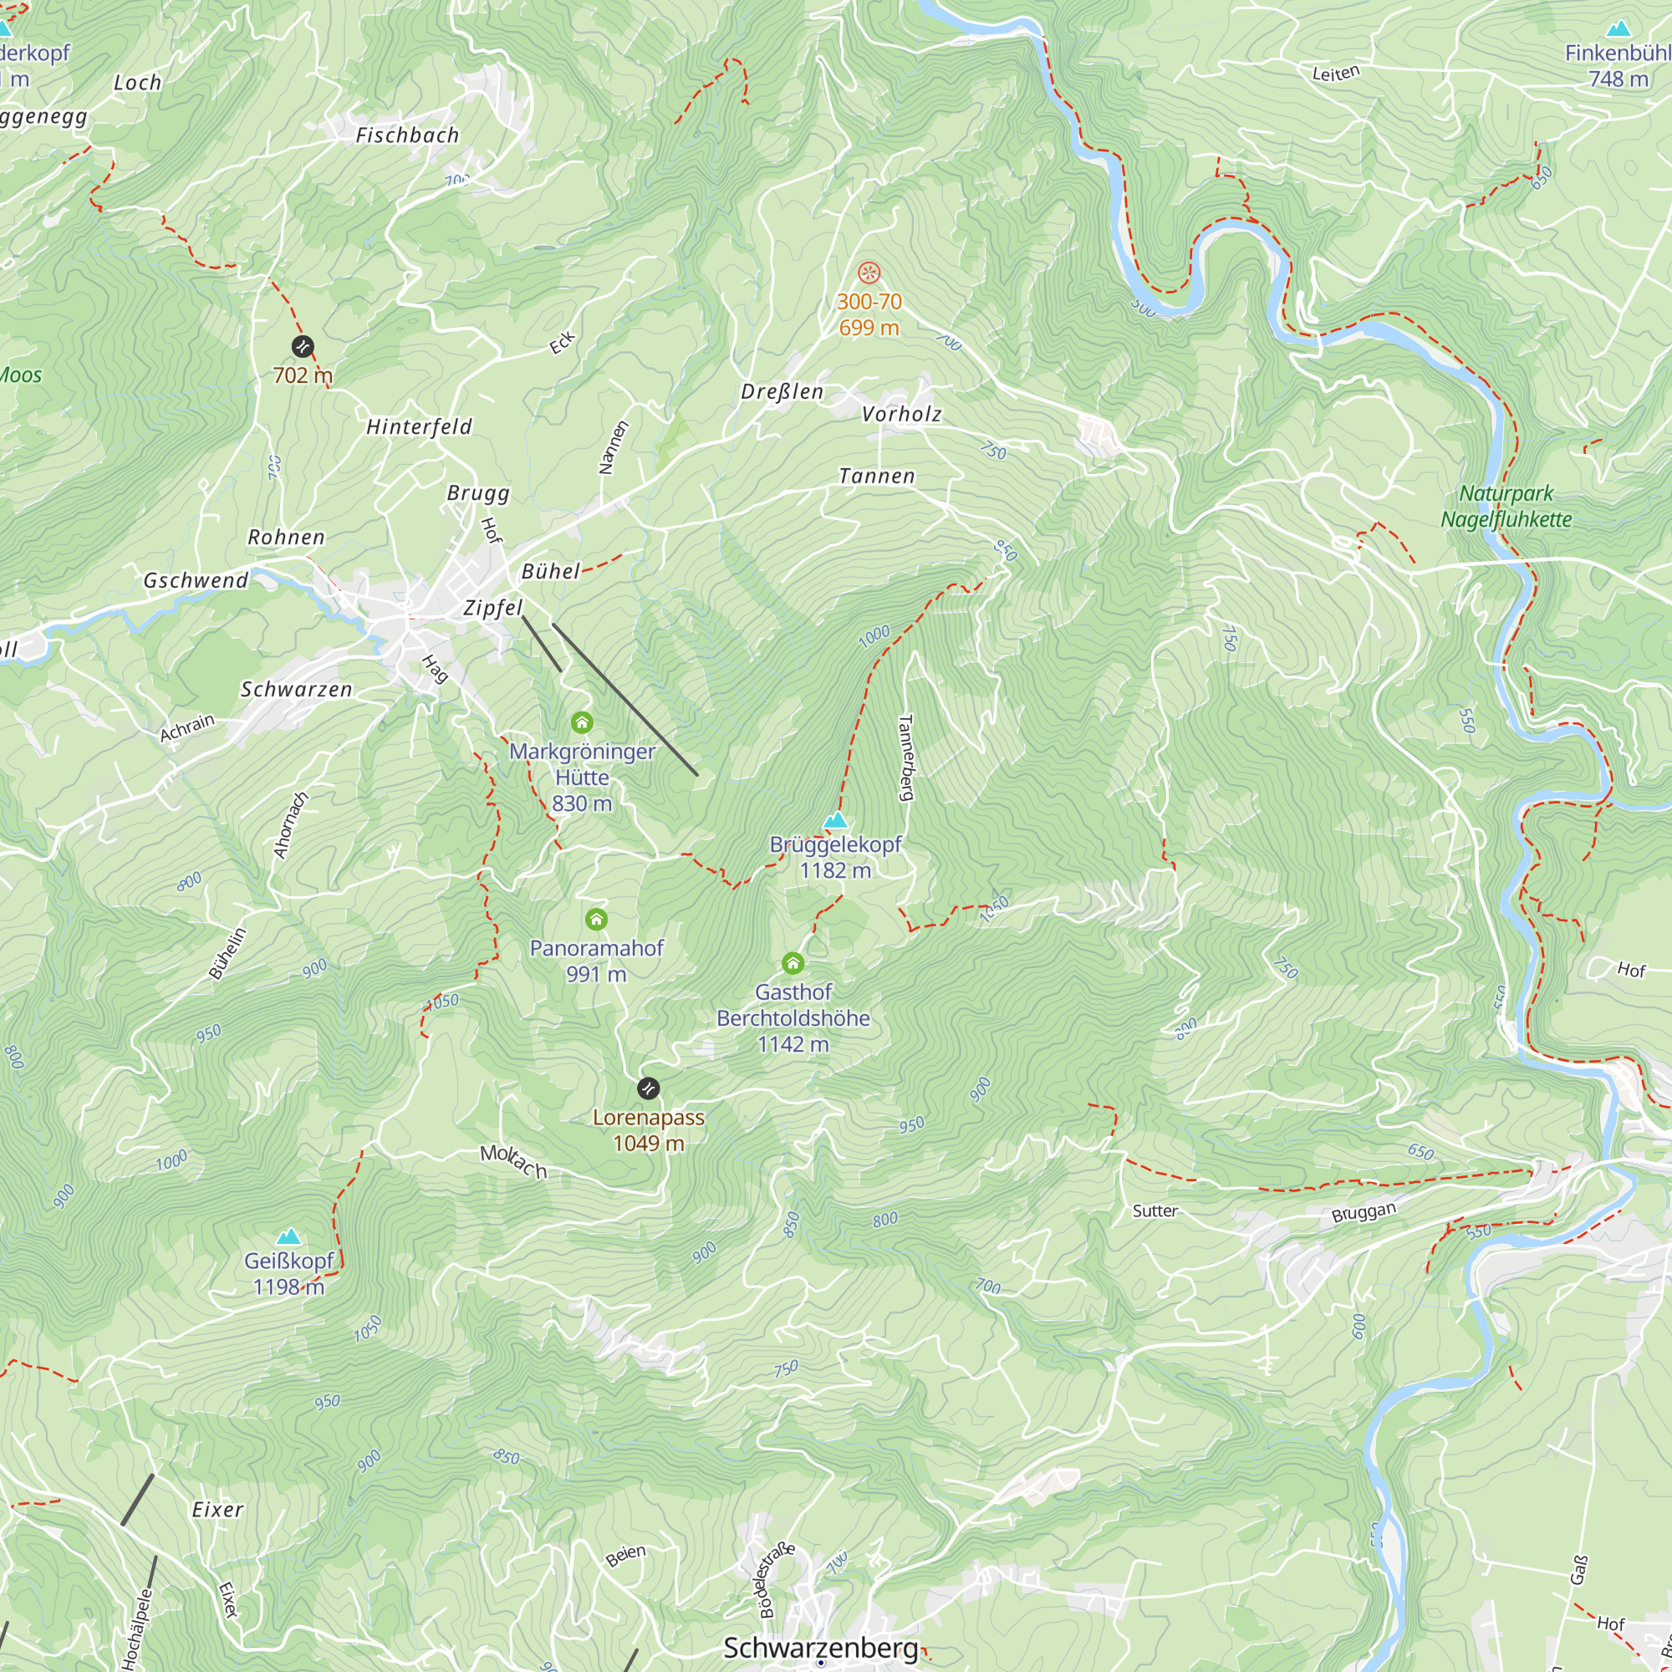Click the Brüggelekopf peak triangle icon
point(834,820)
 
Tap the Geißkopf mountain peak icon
point(288,1236)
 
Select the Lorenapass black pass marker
point(648,1088)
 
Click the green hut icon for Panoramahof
point(596,918)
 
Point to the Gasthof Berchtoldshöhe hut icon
point(793,962)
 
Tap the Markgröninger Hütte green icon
point(582,721)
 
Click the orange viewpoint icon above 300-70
point(869,273)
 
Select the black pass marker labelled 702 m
point(302,347)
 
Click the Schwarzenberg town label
point(819,1648)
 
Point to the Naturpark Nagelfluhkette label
point(1506,507)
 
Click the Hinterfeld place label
point(419,426)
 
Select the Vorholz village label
point(901,415)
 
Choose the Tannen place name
point(877,476)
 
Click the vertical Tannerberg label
point(905,757)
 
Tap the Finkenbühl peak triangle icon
point(1618,28)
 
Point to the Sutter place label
point(1155,1211)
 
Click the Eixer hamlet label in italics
point(217,1509)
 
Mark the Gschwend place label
point(196,581)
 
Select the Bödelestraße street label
point(776,1580)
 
